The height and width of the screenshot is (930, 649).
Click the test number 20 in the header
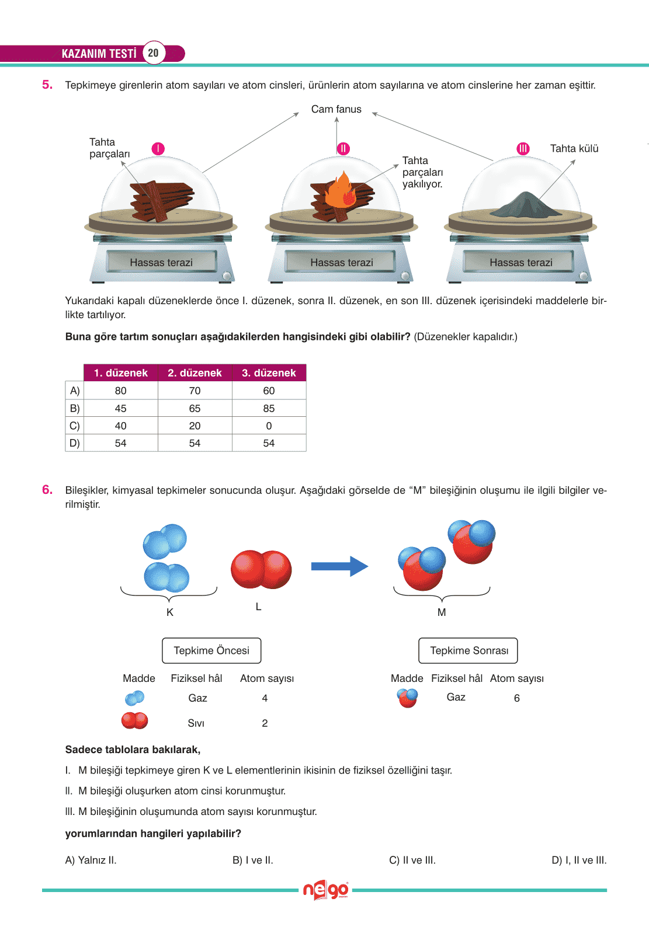point(153,53)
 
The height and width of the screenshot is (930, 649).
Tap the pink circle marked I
point(158,148)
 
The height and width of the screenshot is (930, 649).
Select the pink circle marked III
point(523,148)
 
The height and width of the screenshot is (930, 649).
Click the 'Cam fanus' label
point(336,109)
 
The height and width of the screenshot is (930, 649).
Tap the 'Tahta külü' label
point(574,148)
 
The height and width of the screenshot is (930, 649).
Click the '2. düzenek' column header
point(195,372)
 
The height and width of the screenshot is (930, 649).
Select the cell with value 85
point(269,408)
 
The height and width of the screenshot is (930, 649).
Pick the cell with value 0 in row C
point(269,426)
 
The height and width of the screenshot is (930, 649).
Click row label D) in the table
point(74,443)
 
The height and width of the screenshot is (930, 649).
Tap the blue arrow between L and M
point(339,566)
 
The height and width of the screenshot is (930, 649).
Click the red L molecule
point(261,569)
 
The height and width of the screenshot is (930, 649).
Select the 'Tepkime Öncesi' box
point(211,650)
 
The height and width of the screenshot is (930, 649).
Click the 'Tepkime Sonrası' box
point(468,650)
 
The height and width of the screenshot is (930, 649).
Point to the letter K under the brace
point(170,612)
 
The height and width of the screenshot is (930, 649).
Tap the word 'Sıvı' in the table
point(196,723)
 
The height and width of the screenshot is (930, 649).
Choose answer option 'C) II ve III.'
point(412,860)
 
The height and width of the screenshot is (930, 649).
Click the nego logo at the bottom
point(325,890)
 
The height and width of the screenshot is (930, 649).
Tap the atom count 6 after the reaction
point(517,698)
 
